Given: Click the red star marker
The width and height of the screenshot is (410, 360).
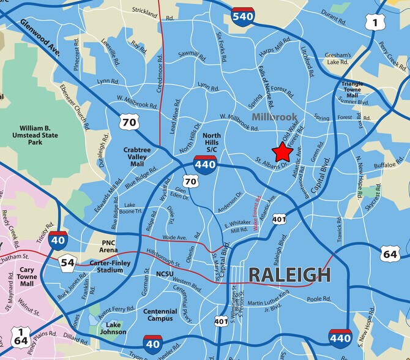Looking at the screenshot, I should pyautogui.click(x=283, y=151).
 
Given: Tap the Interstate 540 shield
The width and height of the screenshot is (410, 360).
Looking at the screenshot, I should pyautogui.click(x=243, y=16).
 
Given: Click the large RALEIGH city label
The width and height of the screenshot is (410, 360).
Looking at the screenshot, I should pyautogui.click(x=289, y=275).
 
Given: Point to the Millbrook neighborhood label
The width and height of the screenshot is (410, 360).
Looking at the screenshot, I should pyautogui.click(x=273, y=116).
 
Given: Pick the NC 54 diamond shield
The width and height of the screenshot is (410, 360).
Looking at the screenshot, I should pyautogui.click(x=68, y=263).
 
